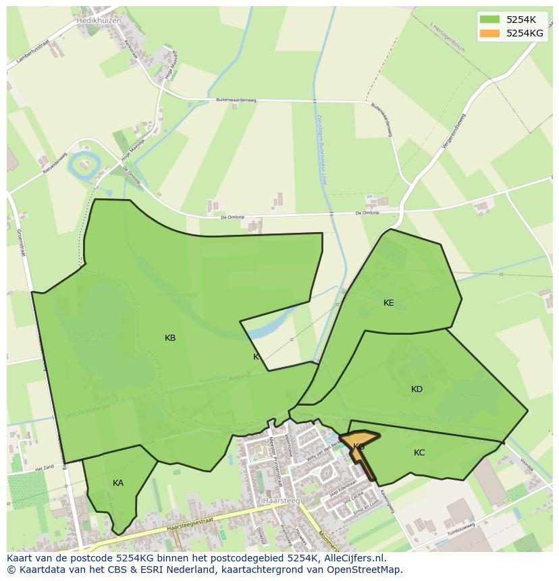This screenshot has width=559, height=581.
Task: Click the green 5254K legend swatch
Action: pyautogui.click(x=489, y=20)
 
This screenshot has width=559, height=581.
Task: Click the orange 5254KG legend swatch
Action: pyautogui.click(x=489, y=33)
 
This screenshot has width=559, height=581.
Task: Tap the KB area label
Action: pyautogui.click(x=170, y=338)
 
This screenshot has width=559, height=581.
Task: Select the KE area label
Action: pyautogui.click(x=389, y=303)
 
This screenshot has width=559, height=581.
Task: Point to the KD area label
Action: pyautogui.click(x=417, y=389)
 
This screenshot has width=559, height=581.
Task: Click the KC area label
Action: pyautogui.click(x=419, y=453)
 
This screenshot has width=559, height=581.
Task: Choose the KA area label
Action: pyautogui.click(x=118, y=483)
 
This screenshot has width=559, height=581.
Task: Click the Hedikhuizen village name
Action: pyautogui.click(x=99, y=21)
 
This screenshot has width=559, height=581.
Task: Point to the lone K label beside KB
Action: pyautogui.click(x=256, y=357)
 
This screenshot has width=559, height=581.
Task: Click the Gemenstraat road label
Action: pyautogui.click(x=20, y=243)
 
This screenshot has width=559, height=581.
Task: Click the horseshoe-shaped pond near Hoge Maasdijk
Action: pyautogui.click(x=85, y=162)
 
